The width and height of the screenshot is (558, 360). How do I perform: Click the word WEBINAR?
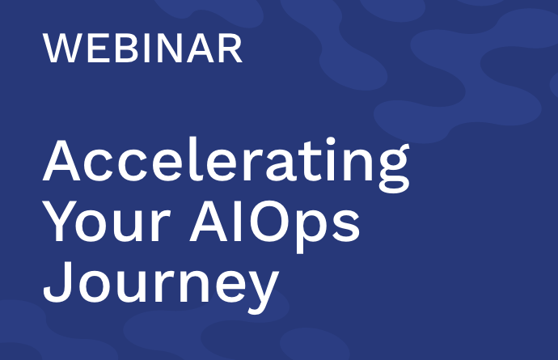142,49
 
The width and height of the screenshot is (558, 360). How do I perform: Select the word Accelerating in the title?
226,164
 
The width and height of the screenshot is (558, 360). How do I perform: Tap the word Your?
107,221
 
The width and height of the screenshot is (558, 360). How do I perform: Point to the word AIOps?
274,227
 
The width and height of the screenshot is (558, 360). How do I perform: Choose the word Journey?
161,286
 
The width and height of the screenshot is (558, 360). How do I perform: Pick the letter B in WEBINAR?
126,49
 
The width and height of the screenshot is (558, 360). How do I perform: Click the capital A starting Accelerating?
61,161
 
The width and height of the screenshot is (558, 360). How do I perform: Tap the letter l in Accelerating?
193,159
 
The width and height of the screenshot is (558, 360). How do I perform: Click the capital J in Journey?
58,282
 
